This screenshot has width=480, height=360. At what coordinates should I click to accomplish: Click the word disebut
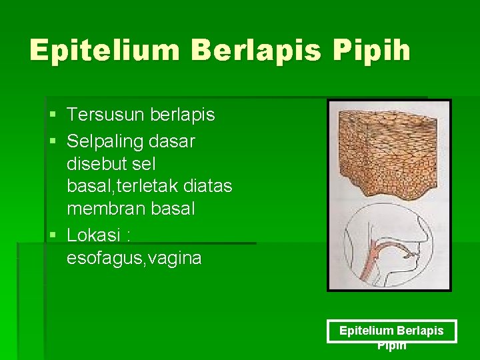click(95, 164)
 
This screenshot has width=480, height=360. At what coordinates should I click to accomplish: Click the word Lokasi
click(94, 236)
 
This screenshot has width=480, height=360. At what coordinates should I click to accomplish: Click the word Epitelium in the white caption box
click(366, 331)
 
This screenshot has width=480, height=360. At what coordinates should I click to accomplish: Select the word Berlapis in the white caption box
click(420, 331)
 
